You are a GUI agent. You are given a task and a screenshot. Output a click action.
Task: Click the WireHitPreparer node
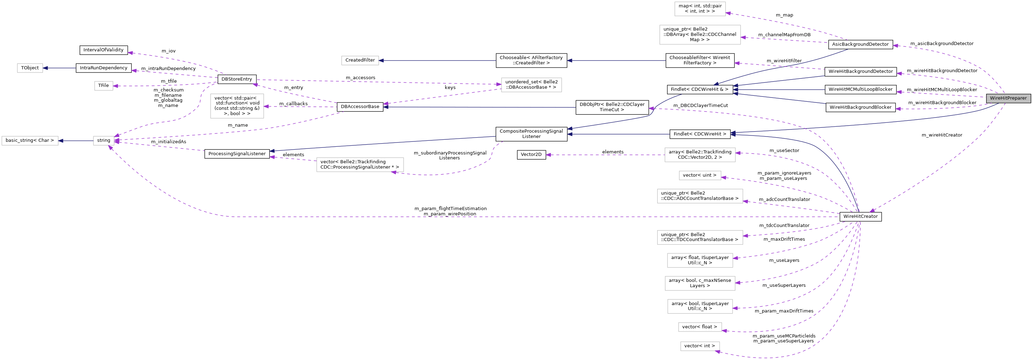1008,98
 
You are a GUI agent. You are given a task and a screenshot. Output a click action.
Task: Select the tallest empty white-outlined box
237,106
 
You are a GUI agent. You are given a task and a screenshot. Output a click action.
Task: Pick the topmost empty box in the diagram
700,9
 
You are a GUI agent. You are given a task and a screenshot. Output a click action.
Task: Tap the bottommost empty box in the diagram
700,346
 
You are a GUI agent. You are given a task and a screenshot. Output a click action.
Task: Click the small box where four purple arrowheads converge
104,141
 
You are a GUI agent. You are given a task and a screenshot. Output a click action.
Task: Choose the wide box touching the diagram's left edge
30,141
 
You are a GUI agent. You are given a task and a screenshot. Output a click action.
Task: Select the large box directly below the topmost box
700,35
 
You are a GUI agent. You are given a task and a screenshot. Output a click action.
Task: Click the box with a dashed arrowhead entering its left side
531,84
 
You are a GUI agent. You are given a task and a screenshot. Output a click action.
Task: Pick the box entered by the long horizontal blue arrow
360,61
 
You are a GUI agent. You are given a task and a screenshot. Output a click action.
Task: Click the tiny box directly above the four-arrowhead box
104,86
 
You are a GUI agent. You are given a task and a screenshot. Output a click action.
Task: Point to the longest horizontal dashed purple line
521,217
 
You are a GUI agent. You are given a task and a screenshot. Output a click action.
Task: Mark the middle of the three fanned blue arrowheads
735,90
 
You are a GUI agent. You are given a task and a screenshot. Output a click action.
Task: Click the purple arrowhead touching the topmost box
728,13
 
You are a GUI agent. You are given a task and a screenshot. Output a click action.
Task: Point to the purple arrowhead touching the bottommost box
718,352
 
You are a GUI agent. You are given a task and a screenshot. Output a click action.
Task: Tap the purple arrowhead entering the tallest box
266,106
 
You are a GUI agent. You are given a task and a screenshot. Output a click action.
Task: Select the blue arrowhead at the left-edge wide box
61,141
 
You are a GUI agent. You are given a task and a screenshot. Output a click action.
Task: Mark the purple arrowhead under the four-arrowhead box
110,148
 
